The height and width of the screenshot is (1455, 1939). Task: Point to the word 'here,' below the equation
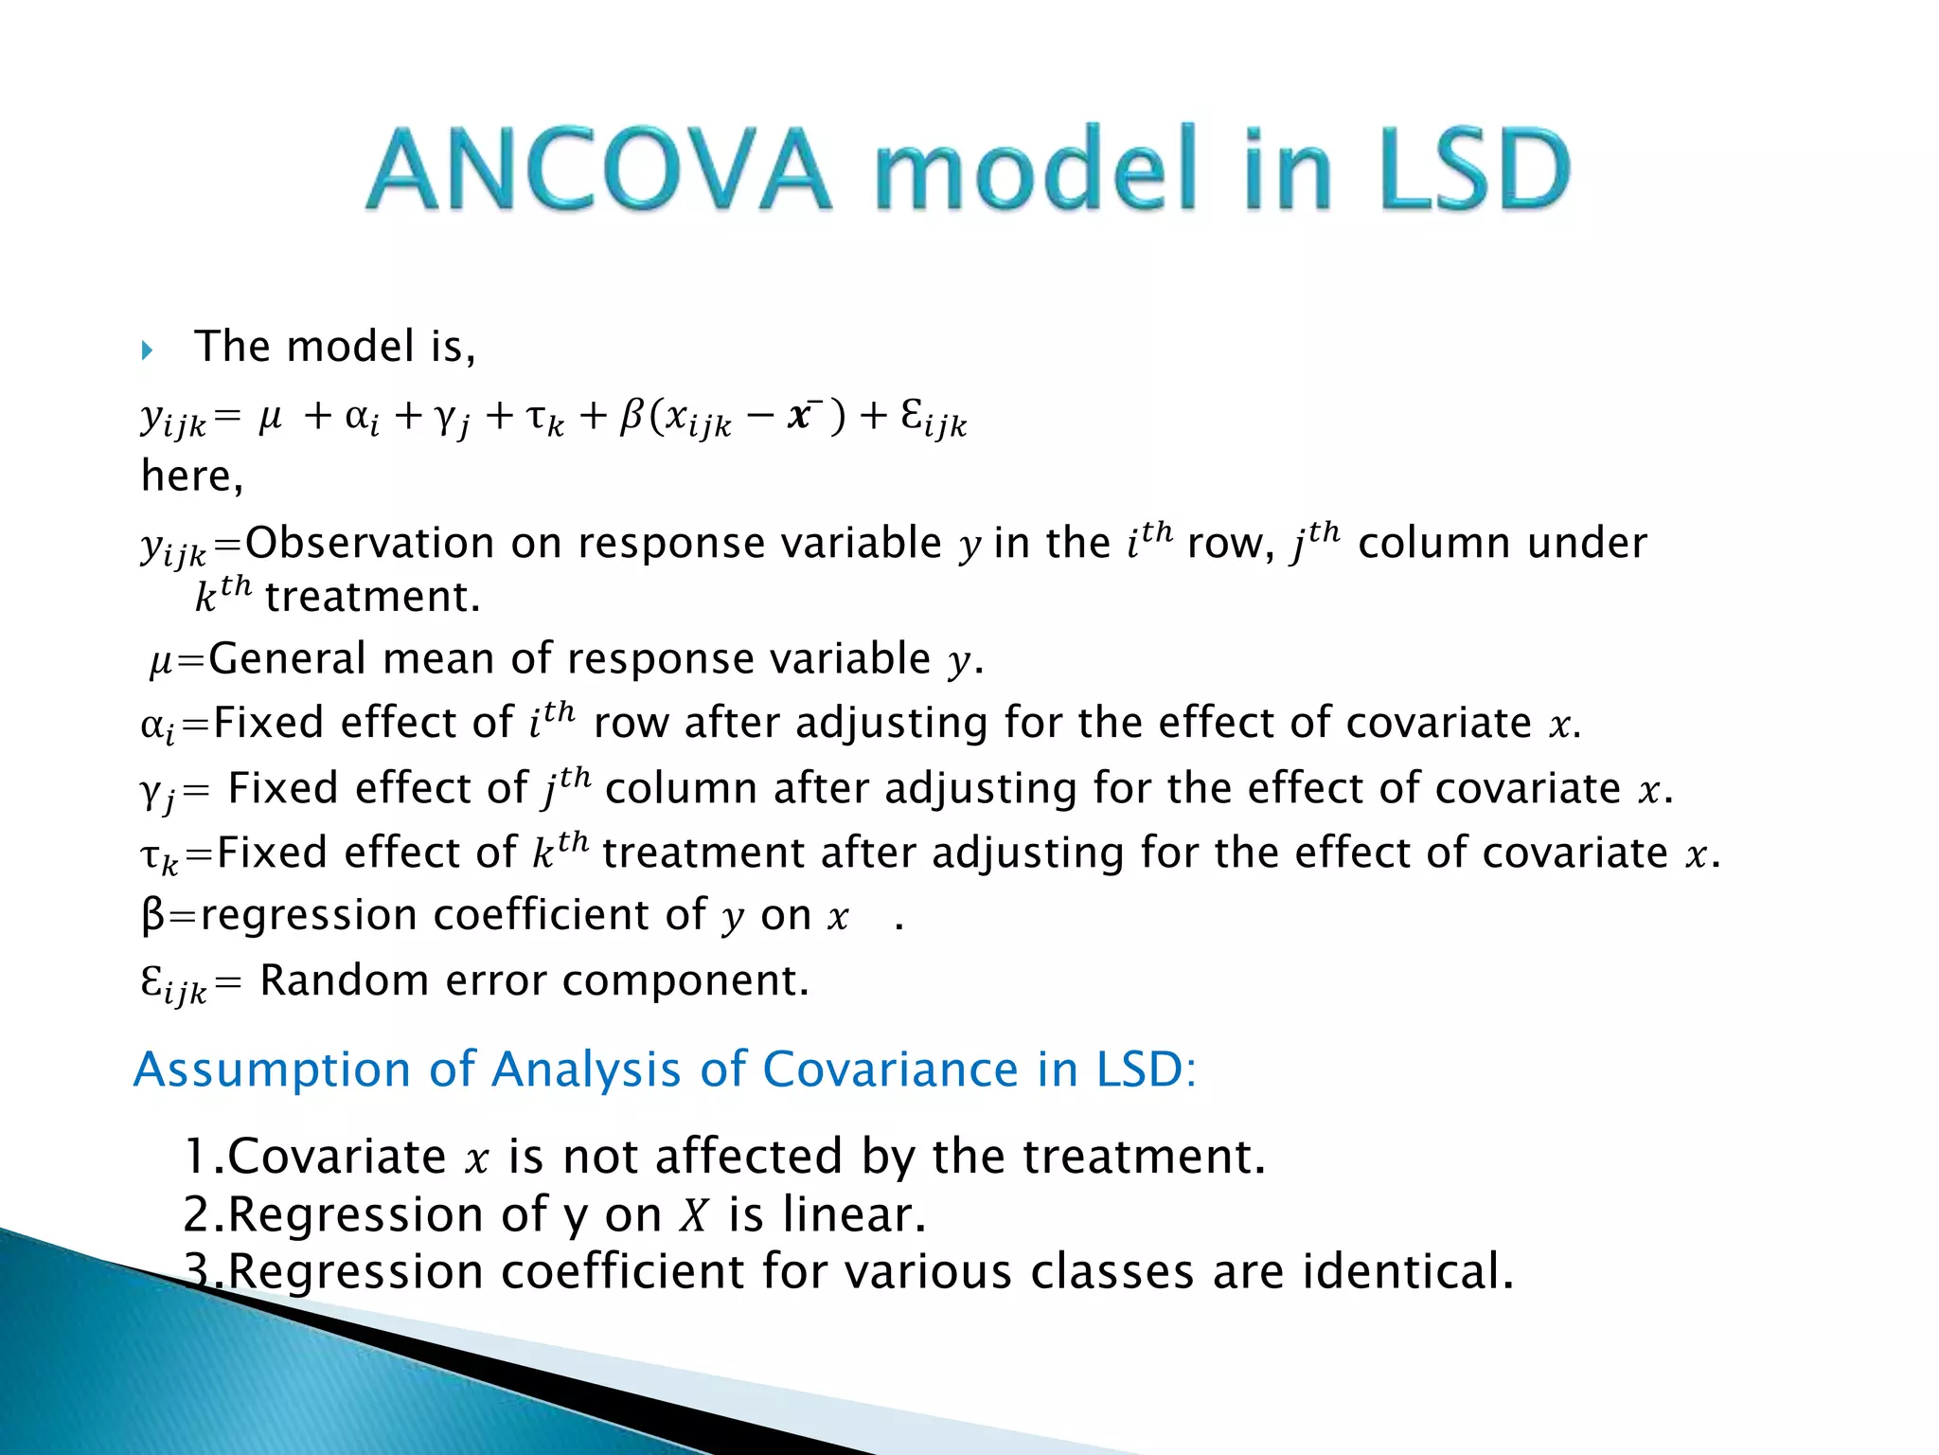coord(192,476)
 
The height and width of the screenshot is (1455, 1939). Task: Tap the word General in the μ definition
coord(287,658)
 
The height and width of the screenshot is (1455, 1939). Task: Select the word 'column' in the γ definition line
coord(681,789)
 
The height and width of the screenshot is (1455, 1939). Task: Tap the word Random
coord(344,980)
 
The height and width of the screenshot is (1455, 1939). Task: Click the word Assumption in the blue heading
coord(273,1070)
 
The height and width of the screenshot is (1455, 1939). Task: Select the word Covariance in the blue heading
coord(890,1070)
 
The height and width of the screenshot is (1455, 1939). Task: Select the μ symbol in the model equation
coord(270,417)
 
